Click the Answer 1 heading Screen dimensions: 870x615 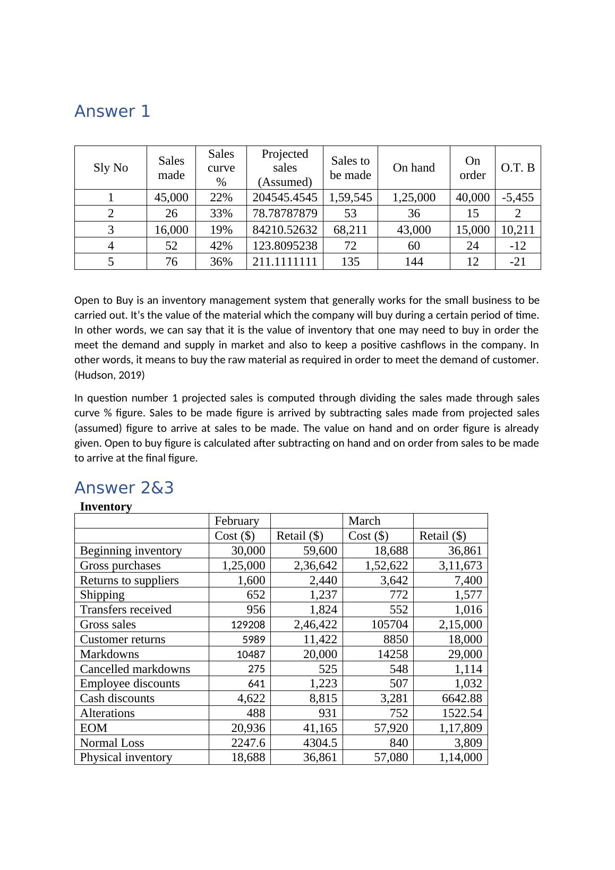[x=112, y=112]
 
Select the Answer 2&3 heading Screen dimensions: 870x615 [x=124, y=488]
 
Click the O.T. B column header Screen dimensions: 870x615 [x=517, y=168]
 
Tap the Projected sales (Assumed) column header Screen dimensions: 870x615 [x=285, y=168]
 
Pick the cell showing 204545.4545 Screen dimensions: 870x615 [x=285, y=198]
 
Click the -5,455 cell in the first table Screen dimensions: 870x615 [x=517, y=198]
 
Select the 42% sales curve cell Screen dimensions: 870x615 [x=221, y=245]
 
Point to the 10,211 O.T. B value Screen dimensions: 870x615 [x=517, y=229]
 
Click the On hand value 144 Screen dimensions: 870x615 [x=414, y=261]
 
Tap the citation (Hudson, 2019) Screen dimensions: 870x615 [x=109, y=375]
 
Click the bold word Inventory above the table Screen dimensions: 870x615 [x=106, y=506]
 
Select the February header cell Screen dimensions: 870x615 [x=237, y=521]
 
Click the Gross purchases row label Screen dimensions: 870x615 [x=120, y=565]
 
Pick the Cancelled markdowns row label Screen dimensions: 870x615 [x=135, y=669]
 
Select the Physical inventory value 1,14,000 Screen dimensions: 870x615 [x=460, y=757]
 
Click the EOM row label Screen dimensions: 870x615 [x=93, y=728]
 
